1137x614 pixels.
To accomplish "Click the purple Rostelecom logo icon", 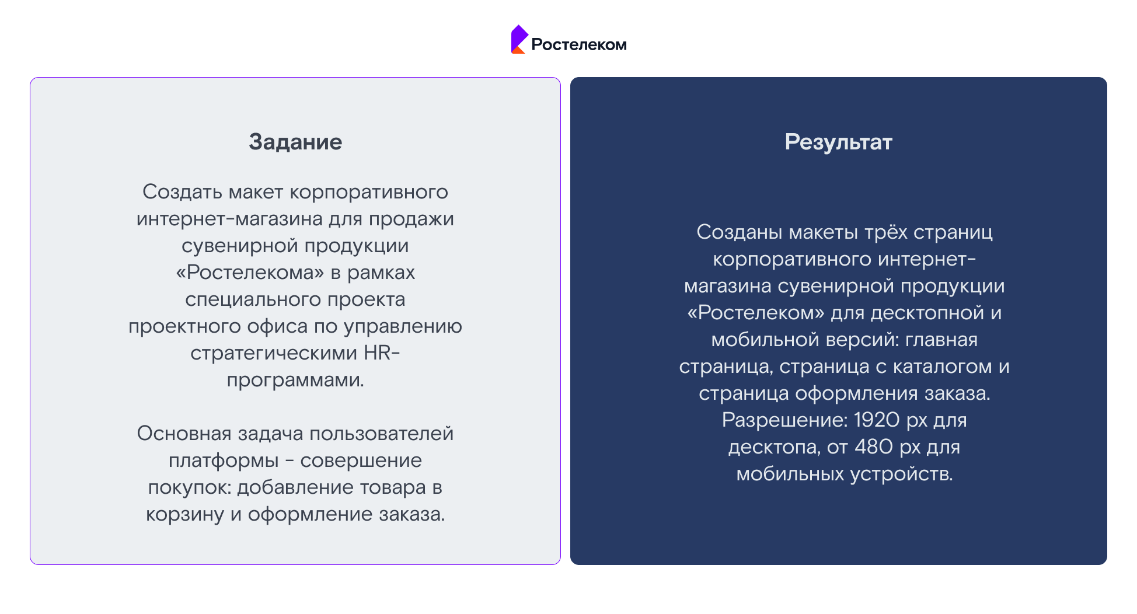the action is pos(519,39).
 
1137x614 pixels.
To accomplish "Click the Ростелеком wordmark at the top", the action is pos(578,45).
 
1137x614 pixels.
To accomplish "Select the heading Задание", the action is pos(295,142).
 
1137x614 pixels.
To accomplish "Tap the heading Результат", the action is pos(838,142).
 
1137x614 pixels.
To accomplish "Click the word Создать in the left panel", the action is pos(183,191).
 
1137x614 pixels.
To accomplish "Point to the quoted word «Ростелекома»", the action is pos(250,272).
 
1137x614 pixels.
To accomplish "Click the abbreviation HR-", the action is pos(382,353).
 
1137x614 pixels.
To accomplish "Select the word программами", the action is pos(295,381).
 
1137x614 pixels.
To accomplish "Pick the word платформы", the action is pos(224,461).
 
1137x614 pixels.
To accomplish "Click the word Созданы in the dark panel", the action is pos(740,232).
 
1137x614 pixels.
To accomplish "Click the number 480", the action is pos(874,446).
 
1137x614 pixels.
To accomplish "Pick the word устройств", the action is pos(901,474).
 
